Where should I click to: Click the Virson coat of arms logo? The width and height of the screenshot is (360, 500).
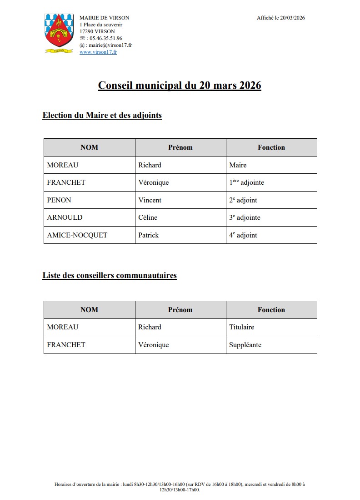pos(59,34)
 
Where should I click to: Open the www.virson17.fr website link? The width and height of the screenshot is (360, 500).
pos(98,52)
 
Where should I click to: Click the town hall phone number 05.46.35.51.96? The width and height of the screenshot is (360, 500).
pos(106,39)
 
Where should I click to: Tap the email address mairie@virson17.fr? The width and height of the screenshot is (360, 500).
pos(110,45)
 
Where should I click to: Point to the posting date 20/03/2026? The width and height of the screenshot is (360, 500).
pos(293,18)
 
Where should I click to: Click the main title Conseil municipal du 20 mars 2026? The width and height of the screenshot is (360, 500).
pos(180,86)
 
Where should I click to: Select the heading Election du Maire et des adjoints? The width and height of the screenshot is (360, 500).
pos(102,116)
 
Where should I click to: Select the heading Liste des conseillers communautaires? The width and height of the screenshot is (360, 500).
pos(110,275)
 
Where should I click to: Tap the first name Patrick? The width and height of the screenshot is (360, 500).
pos(149,235)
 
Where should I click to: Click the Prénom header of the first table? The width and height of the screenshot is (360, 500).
pos(180,147)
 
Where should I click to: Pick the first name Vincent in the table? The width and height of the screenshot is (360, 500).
pos(150,200)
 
